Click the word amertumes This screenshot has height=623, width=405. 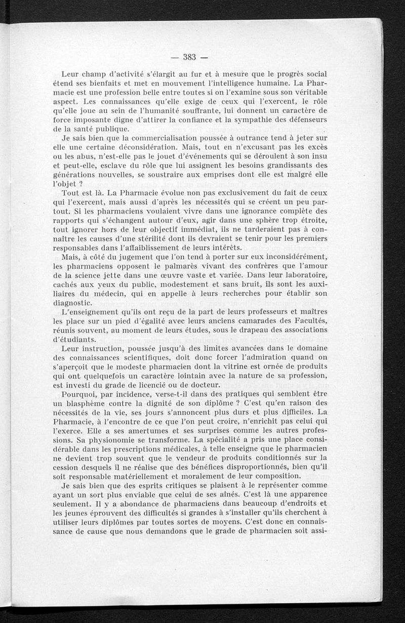coord(150,430)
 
